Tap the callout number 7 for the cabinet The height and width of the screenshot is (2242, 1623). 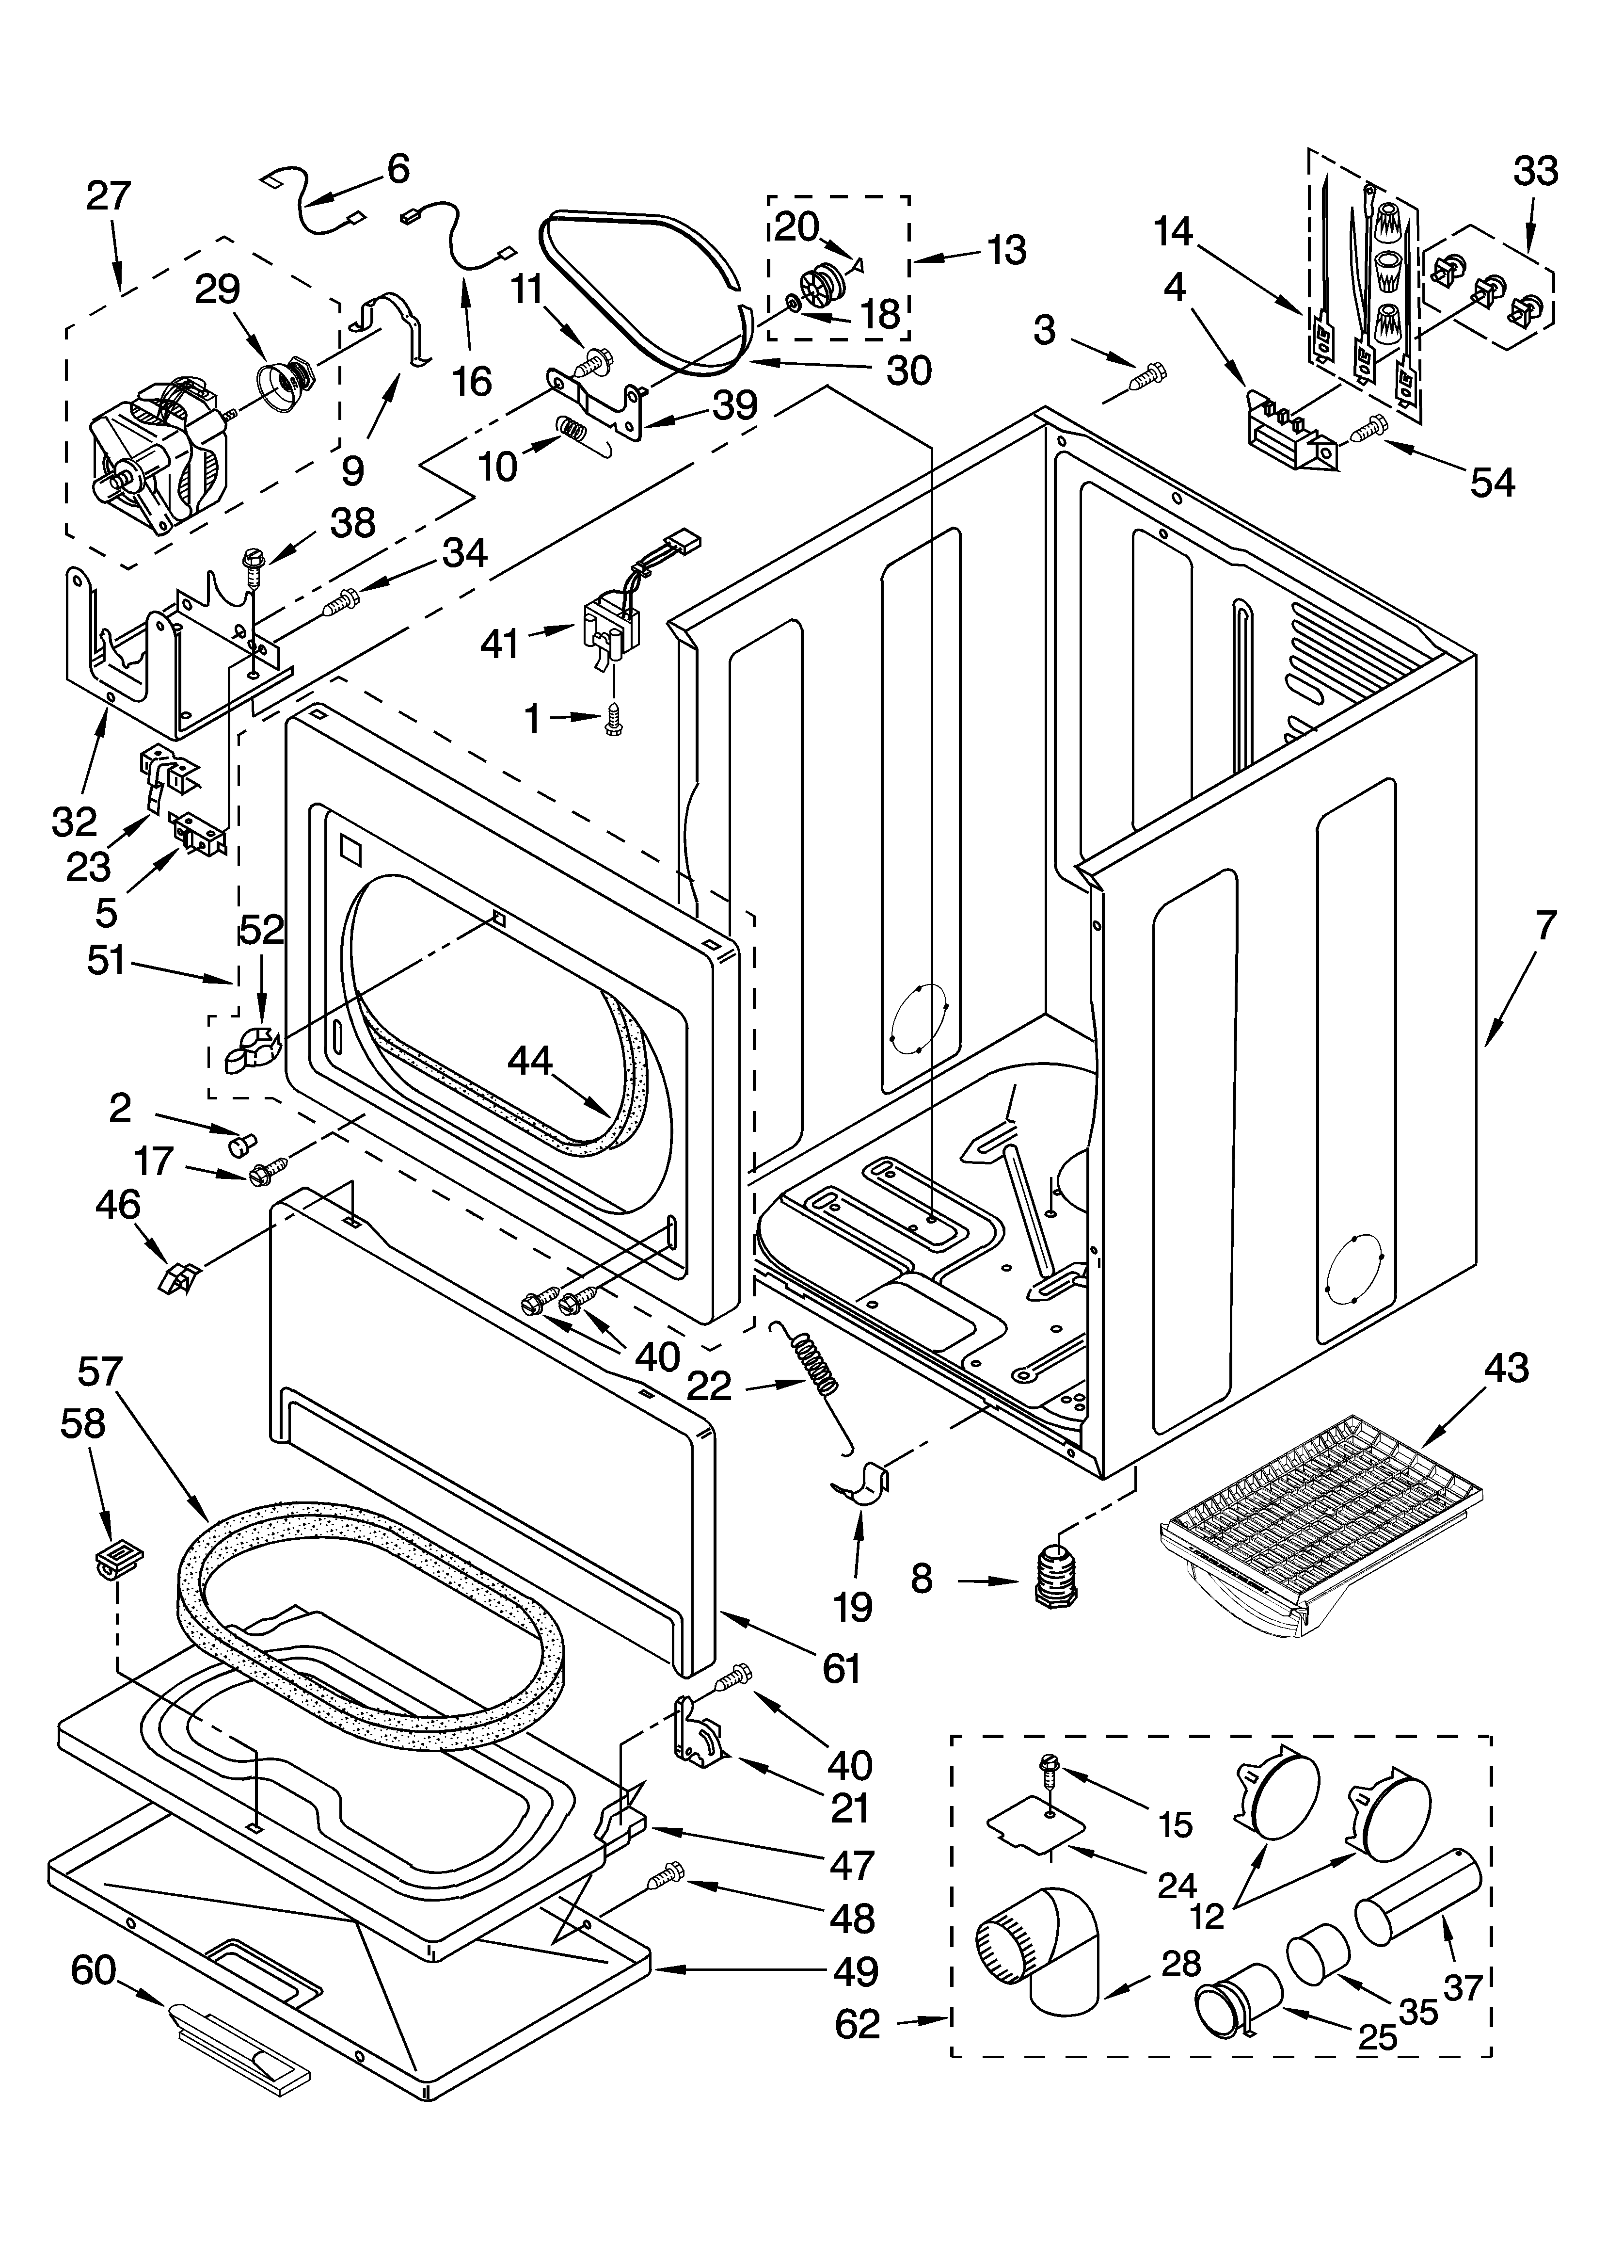(x=1545, y=926)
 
